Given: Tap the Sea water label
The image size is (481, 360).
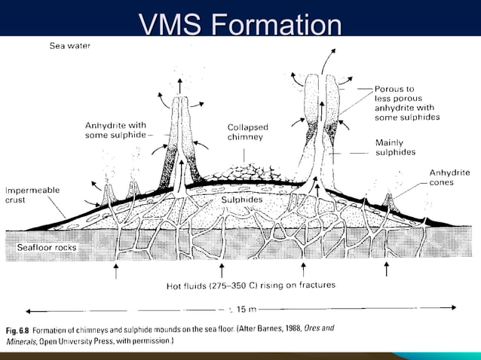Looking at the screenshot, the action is (70, 46).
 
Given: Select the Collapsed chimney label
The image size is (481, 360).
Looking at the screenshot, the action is (247, 132).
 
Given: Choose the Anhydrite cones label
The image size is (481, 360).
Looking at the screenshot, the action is (449, 177).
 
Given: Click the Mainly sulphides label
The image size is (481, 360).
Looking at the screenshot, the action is (395, 147).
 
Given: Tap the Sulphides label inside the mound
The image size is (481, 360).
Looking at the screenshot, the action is (241, 200).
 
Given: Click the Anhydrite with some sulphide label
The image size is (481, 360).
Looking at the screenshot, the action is (115, 130).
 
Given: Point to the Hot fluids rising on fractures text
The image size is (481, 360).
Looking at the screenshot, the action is (251, 285).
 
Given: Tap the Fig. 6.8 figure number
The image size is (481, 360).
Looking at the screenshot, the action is (20, 330).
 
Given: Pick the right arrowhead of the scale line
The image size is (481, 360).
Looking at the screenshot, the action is (453, 307).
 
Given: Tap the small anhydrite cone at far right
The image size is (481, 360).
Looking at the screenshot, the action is (391, 200).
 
